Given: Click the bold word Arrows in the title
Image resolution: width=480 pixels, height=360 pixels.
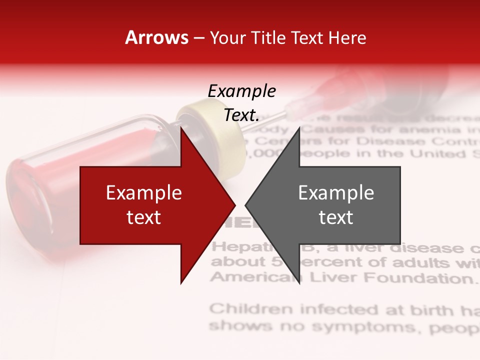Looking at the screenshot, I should click(156, 38).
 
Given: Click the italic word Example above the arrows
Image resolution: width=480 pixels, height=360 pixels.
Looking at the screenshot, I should click(241, 91).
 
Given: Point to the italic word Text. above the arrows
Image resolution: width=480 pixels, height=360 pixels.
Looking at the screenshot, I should click(241, 115).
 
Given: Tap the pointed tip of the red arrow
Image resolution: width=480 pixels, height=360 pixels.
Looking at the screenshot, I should click(233, 205).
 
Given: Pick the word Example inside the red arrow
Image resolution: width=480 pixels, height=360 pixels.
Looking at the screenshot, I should click(144, 193).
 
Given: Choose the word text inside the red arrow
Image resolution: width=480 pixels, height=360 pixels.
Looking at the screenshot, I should click(144, 217).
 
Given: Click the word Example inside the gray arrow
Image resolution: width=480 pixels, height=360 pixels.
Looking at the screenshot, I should click(336, 193).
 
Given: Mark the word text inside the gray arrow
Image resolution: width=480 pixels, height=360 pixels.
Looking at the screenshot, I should click(336, 217).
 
